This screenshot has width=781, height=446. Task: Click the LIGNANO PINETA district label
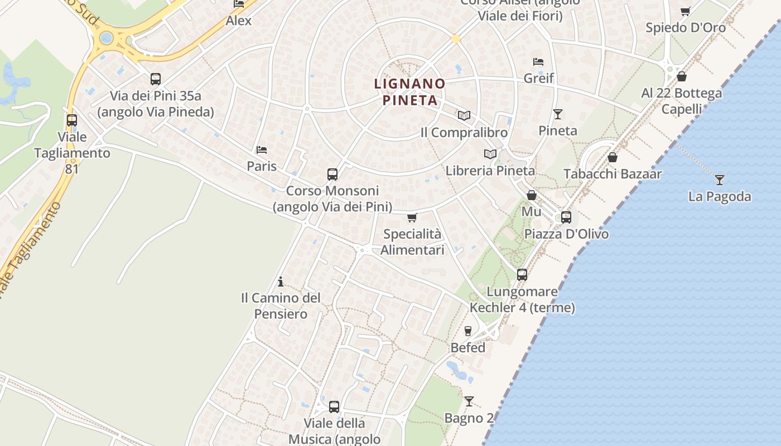coord(410,92)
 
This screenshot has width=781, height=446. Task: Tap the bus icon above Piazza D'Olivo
coord(566,217)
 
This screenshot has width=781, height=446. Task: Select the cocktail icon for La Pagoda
coord(720,180)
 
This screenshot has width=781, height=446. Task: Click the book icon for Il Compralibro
coord(464,115)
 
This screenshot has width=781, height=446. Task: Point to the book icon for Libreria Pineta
coord(490,154)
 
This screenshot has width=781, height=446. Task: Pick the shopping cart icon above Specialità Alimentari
coord(412,217)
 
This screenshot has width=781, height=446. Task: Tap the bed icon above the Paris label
coord(262,149)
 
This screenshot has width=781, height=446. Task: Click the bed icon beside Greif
coord(538,61)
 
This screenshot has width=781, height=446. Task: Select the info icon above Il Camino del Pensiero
coord(281,282)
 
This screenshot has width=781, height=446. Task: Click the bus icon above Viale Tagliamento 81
coord(72,120)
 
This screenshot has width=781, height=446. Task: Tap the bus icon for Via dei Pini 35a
coord(156,79)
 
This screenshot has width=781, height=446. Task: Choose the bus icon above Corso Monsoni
coord(332,174)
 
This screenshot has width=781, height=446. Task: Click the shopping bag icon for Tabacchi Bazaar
coord(613,157)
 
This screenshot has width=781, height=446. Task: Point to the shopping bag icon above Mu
coord(532,195)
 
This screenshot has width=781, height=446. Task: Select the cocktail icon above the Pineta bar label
coord(558,114)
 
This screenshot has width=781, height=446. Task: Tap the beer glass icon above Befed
coord(468,331)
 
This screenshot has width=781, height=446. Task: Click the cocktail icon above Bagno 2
coord(469,401)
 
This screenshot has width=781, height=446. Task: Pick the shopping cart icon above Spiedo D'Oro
coord(686,11)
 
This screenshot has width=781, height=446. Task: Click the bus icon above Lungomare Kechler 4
coord(522,274)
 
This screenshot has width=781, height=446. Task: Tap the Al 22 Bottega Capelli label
coord(682,101)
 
